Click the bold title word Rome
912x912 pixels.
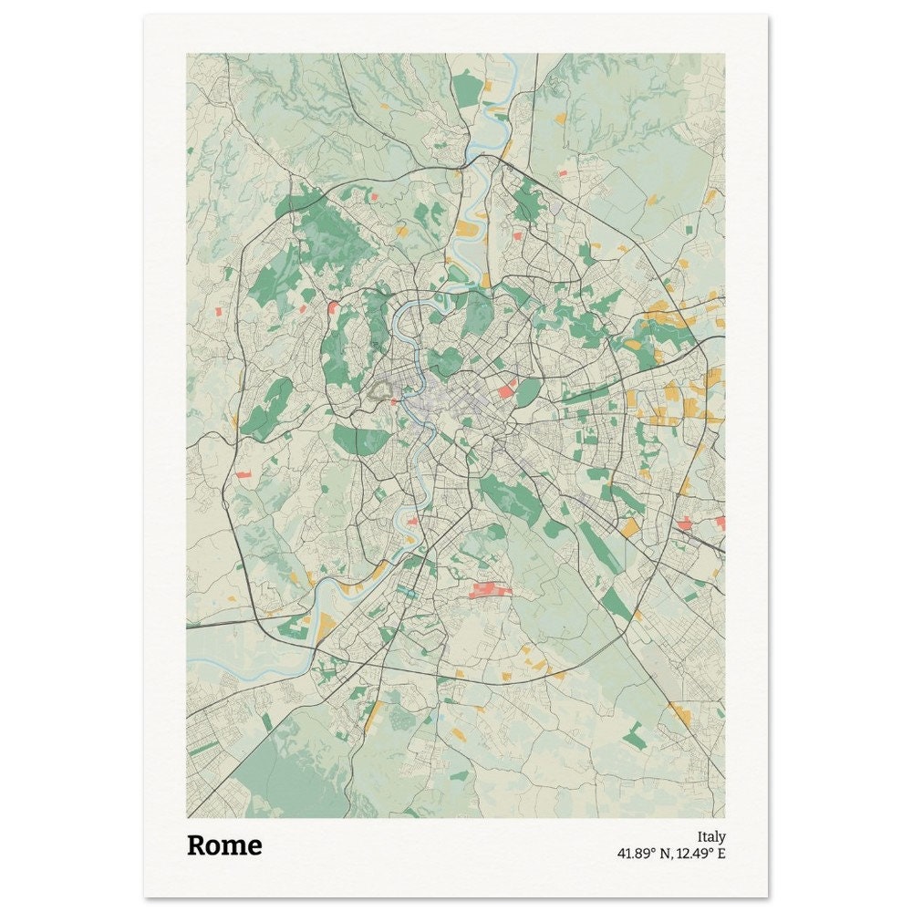click(224, 845)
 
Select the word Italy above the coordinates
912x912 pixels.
click(711, 836)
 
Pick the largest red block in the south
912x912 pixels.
click(489, 590)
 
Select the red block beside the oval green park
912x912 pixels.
click(505, 390)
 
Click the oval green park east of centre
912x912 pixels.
click(528, 393)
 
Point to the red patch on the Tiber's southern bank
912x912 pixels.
click(412, 522)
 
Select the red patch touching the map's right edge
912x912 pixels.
click(720, 523)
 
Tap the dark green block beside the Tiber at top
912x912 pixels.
click(467, 89)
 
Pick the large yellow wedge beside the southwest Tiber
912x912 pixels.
click(326, 627)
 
